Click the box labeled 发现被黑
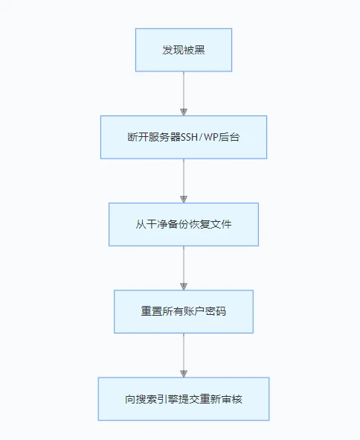[183, 50]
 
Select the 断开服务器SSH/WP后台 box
[183, 137]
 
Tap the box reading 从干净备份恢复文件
[183, 224]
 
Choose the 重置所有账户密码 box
[183, 311]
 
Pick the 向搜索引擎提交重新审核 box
[183, 398]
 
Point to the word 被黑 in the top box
[193, 50]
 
